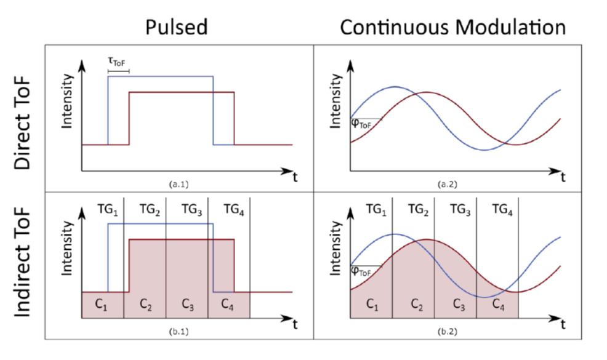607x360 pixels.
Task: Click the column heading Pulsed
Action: [x=176, y=27]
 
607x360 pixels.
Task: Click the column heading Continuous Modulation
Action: [x=452, y=27]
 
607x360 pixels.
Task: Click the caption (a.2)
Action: [x=446, y=183]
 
